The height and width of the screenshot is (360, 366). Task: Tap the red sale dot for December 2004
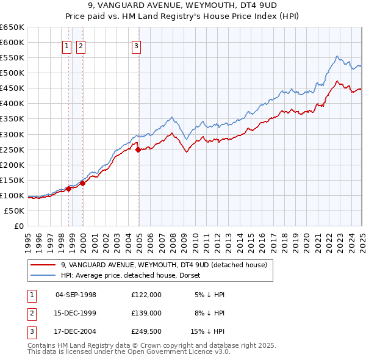[138, 149]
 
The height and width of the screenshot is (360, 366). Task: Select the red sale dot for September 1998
[69, 189]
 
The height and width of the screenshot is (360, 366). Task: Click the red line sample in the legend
[43, 265]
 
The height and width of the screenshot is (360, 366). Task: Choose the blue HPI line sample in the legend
[43, 276]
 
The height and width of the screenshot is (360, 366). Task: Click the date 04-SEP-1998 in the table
[76, 295]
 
